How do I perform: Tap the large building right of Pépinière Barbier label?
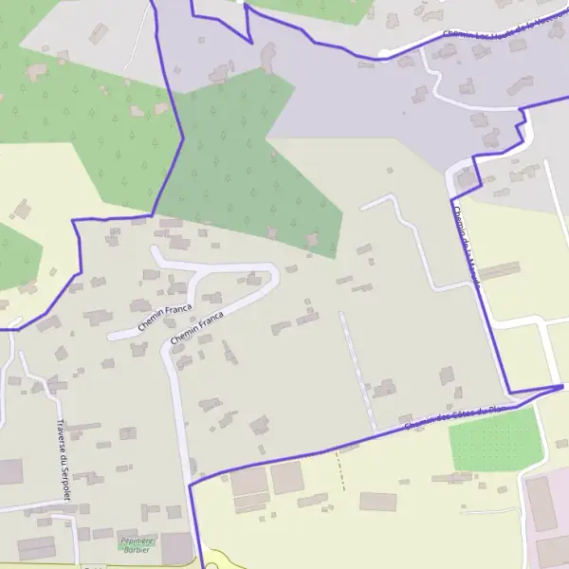pos(177,547)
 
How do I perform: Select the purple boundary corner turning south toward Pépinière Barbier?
pos(191,485)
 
